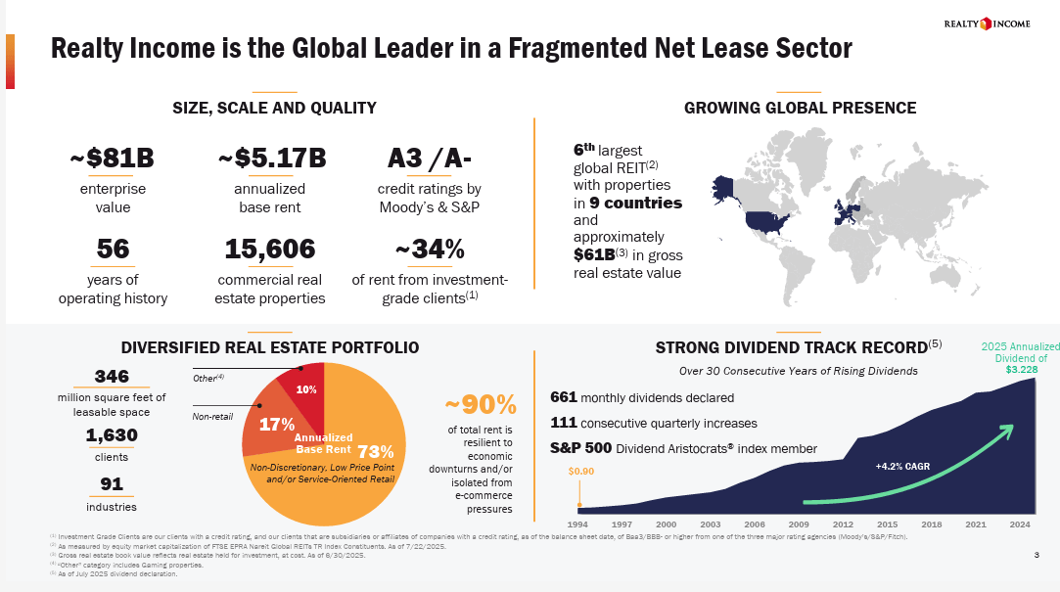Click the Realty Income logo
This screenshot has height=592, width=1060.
(x=987, y=23)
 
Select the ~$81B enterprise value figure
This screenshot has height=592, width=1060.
(x=111, y=158)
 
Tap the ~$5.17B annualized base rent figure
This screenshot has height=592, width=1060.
(x=271, y=158)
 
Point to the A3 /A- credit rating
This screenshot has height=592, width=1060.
(x=430, y=158)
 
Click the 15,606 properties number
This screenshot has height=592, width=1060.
(x=270, y=250)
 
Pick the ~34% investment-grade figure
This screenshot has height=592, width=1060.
(x=430, y=250)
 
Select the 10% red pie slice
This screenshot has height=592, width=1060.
(x=303, y=386)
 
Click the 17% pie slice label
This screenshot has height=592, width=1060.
(x=277, y=425)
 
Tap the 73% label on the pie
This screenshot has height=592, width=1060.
(x=376, y=451)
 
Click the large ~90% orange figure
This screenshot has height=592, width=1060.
(x=481, y=405)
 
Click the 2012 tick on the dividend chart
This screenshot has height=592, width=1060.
(x=843, y=525)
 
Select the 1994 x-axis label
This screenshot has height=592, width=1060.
(x=577, y=525)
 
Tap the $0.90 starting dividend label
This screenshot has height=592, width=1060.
(x=581, y=472)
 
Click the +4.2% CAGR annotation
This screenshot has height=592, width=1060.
(x=903, y=467)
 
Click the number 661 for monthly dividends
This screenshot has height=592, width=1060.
(x=564, y=397)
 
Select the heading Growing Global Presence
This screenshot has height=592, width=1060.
(x=800, y=108)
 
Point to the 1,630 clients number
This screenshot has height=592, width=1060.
(x=111, y=435)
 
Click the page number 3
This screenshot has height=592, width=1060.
(x=1036, y=556)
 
